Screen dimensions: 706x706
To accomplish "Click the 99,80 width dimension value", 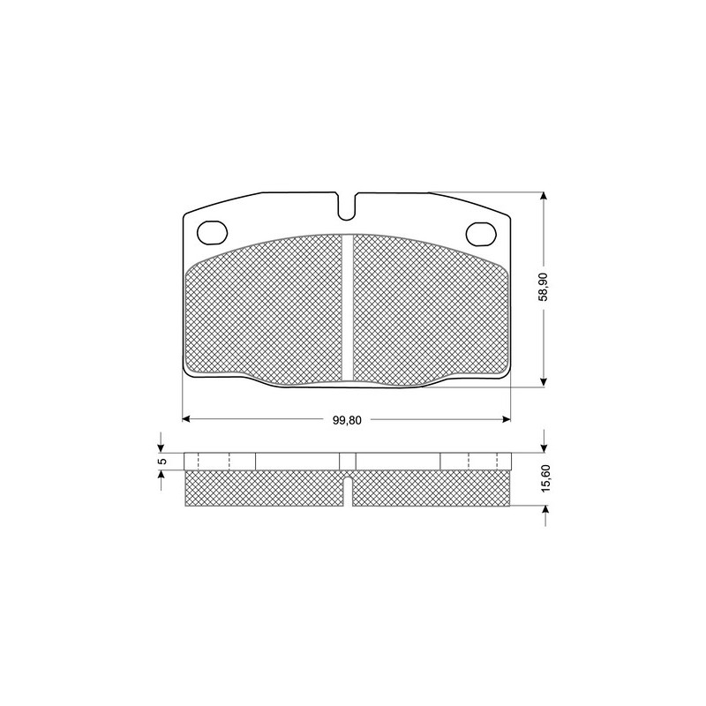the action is coord(347,420).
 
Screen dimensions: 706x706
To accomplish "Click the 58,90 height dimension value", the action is coord(545,287).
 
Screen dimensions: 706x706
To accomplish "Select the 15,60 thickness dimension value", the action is coord(546,478).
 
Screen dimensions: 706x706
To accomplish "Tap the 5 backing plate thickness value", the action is coord(163,461).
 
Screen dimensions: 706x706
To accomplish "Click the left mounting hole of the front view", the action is coord(213,233).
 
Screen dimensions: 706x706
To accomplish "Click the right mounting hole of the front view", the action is coord(481,234).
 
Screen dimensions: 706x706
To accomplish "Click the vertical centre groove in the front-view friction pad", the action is coord(347,307).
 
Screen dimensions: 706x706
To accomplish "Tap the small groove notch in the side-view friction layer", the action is coord(347,491).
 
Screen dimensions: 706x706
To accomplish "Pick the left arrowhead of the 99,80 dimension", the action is coord(185,419).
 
